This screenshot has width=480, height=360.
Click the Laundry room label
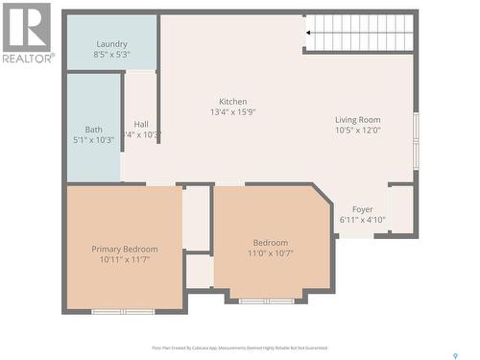(x=111, y=44)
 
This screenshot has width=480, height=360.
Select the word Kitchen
(x=232, y=101)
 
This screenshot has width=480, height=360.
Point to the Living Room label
(x=357, y=119)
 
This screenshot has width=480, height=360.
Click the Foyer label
(x=362, y=209)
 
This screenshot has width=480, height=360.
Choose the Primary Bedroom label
(x=125, y=249)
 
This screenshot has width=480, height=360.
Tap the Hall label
(x=141, y=124)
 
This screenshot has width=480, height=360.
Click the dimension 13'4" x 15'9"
(x=232, y=111)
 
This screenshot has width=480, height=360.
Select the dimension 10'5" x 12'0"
(x=357, y=130)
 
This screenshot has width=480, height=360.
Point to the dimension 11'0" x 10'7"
(x=270, y=253)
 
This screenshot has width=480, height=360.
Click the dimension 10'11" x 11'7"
(x=125, y=259)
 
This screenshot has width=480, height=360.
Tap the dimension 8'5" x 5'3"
(x=111, y=55)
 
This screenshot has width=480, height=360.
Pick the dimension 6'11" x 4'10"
(x=362, y=220)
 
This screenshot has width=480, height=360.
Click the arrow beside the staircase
(x=310, y=33)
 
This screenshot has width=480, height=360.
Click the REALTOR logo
(x=26, y=33)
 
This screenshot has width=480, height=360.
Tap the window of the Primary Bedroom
(x=123, y=311)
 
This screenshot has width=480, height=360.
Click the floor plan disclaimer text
(x=239, y=348)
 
